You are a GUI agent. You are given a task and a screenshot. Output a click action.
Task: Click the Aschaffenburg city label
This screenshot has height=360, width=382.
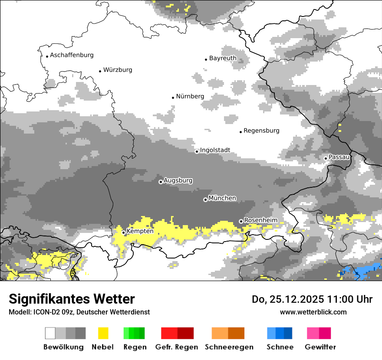(72, 55)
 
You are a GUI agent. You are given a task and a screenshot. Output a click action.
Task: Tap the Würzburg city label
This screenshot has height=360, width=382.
(118, 70)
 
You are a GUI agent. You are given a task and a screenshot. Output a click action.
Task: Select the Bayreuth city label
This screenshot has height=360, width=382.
(223, 58)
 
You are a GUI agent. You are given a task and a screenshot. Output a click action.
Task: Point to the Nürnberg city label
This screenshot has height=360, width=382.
(190, 96)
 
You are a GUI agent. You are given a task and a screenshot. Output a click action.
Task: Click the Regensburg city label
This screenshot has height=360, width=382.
(261, 131)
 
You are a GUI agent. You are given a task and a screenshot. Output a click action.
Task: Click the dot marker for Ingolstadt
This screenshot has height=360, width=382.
(197, 151)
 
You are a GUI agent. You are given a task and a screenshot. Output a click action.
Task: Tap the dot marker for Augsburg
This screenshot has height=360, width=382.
(161, 182)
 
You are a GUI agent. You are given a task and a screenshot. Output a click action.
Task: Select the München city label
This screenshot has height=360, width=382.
(222, 198)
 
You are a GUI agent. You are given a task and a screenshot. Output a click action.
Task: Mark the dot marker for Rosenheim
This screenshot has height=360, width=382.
(241, 221)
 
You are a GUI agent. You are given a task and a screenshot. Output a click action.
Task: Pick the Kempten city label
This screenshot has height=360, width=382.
(140, 231)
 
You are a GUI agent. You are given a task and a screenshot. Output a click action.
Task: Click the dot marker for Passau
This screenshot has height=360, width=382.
(326, 158)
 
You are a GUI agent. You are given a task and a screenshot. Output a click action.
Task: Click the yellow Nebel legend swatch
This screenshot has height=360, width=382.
(103, 333)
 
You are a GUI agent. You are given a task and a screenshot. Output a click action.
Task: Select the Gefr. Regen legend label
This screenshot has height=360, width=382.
(177, 347)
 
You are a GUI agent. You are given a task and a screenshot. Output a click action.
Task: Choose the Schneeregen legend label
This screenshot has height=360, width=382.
(229, 347)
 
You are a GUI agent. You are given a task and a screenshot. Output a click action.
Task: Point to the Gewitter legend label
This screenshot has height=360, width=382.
(320, 347)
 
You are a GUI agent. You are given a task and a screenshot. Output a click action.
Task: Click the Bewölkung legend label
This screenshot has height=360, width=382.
(63, 347)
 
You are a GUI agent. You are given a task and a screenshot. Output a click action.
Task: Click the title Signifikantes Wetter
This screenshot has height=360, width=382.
(72, 299)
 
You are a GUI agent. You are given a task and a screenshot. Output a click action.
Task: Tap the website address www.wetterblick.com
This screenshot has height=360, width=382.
(313, 312)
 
